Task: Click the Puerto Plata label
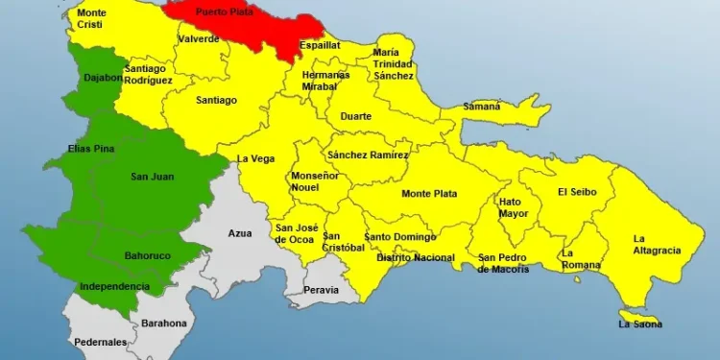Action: point(224,11)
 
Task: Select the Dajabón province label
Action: point(102,78)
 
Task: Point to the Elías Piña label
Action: point(91,148)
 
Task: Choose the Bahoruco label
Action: point(148,255)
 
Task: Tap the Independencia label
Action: point(114,286)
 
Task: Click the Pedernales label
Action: point(100,342)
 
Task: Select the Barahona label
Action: point(164,324)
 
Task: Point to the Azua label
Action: point(240,233)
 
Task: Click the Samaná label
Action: point(482,107)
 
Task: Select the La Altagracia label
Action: point(657,244)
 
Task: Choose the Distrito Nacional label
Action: point(416,257)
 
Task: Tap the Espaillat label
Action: point(320,45)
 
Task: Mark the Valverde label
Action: point(199,39)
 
